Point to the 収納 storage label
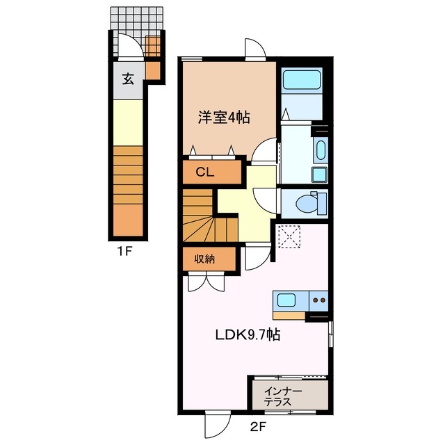pyautogui.click(x=203, y=259)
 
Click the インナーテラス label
pyautogui.click(x=282, y=397)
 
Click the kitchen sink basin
pyautogui.click(x=286, y=301)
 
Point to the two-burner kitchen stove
pyautogui.click(x=320, y=301)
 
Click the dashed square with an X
pyautogui.click(x=287, y=236)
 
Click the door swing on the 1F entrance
pyautogui.click(x=128, y=47)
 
